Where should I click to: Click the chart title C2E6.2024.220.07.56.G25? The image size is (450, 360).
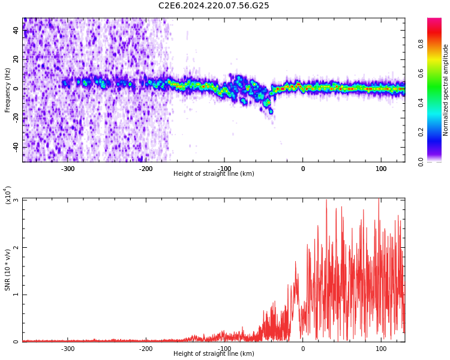click(214, 6)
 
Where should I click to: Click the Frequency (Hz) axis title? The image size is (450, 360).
click(8, 90)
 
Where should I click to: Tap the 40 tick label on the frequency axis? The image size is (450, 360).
click(16, 31)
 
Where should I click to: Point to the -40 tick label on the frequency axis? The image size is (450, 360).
click(15, 147)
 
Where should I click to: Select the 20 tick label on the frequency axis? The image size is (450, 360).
click(16, 59)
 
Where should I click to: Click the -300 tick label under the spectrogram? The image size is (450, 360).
click(67, 169)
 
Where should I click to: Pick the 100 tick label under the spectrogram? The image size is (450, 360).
click(381, 169)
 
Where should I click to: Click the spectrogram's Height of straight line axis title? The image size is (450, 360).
click(214, 174)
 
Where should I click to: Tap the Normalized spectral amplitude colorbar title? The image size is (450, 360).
click(446, 90)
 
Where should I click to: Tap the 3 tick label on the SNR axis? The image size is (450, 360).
click(16, 200)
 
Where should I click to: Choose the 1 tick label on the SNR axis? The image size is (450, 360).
click(16, 295)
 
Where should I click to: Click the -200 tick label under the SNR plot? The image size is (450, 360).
click(146, 349)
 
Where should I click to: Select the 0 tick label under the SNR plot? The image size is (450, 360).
click(302, 349)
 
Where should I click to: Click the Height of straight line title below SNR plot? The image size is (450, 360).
click(214, 354)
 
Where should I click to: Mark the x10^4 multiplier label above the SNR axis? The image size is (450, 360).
click(8, 195)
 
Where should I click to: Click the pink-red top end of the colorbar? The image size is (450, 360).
click(434, 22)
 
